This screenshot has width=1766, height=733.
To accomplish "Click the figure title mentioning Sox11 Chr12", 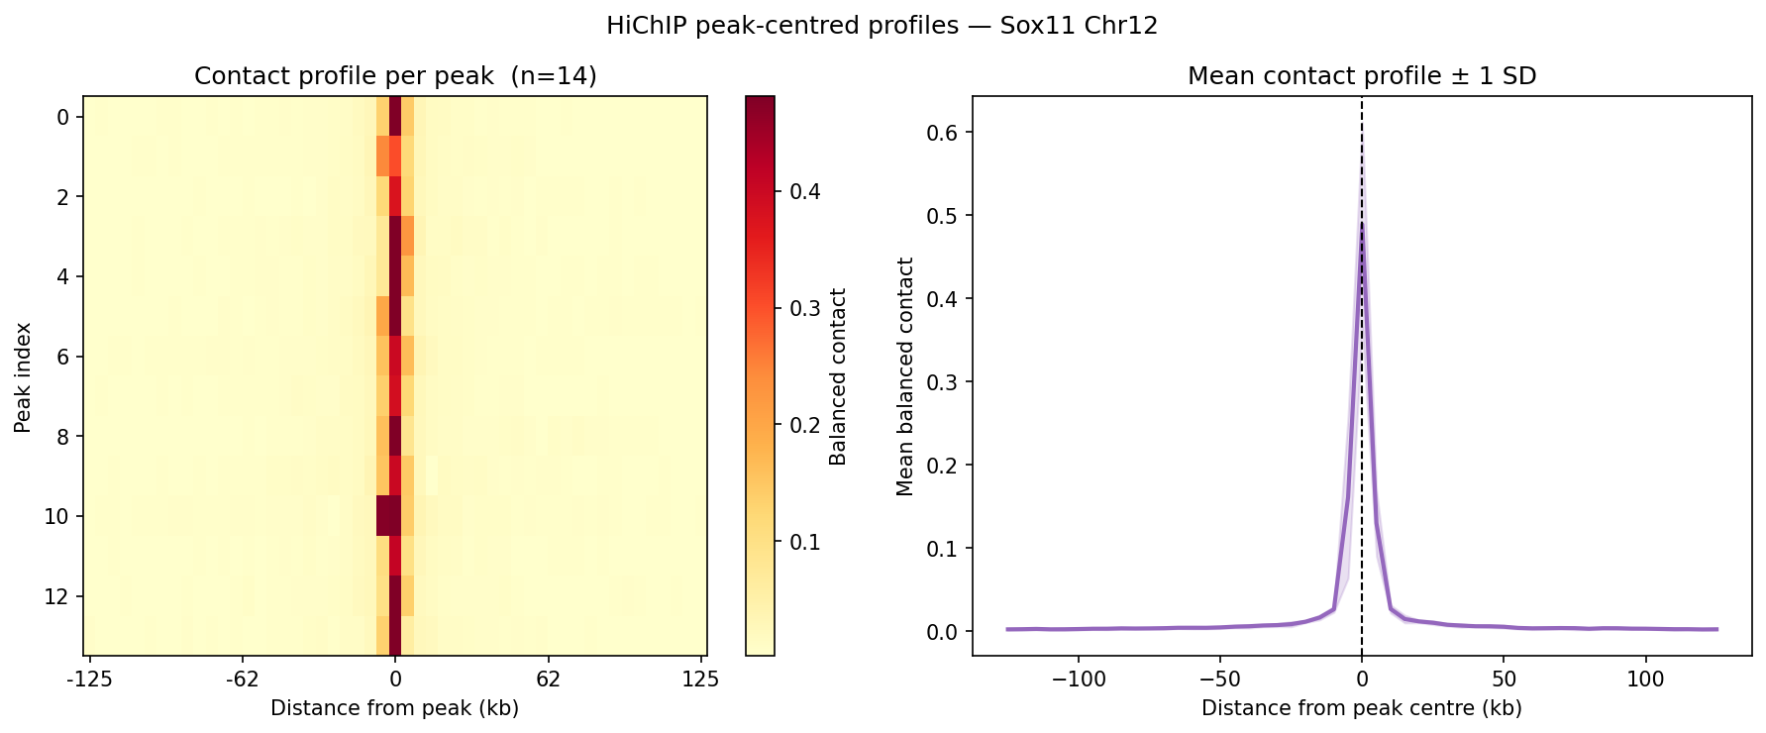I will coord(882,26).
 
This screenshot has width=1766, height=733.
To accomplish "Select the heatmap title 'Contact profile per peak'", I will coord(395,76).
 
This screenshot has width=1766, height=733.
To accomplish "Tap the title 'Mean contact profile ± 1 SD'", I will coord(1362,76).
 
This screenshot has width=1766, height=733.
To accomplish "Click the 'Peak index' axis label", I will coord(23,376).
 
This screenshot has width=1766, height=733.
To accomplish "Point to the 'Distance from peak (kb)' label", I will coord(394,708).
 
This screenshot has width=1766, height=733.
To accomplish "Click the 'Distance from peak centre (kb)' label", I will coord(1361,708).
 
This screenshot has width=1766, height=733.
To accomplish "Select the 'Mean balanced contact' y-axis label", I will coord(905,376).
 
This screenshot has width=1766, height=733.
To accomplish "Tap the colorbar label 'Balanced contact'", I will coord(839,376).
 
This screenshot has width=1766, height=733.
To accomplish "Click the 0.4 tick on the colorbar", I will coord(804,191).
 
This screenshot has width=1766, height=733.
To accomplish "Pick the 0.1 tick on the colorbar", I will coord(804,542).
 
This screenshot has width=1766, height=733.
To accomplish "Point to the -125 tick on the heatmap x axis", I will coord(89,680).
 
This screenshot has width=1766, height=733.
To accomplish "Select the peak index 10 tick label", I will coord(57,516).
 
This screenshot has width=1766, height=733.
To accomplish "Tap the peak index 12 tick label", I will coord(57,596).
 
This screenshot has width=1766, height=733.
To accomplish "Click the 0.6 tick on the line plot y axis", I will coord(942,133).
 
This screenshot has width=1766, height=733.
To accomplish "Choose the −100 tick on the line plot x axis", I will coord(1078,680).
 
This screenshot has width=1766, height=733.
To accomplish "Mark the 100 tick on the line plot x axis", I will coord(1645,680).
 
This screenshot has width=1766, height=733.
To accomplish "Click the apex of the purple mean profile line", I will coord(1362,223).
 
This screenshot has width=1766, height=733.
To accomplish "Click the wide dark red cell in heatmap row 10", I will coord(388,516).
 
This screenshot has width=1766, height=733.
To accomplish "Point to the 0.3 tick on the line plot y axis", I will coord(942,382).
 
